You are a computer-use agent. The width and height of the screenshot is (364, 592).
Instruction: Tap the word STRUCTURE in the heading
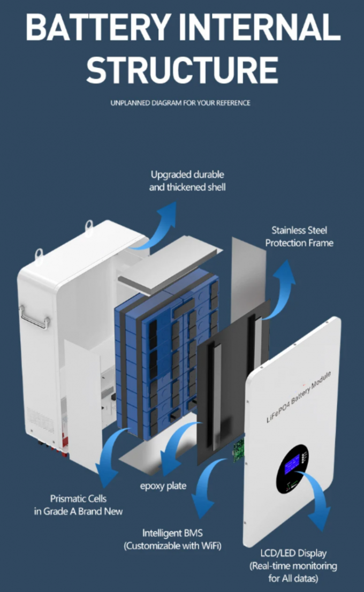pos(182,69)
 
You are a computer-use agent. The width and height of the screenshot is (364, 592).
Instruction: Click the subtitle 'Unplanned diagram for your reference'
pos(180,103)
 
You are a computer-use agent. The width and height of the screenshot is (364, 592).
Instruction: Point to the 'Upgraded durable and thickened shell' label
pos(187,180)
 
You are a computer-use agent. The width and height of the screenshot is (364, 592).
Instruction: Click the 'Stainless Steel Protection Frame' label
pos(299,237)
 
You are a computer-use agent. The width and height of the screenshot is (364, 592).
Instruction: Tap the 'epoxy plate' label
pos(163,486)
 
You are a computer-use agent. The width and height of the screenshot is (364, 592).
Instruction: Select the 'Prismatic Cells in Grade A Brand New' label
pos(78,505)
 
